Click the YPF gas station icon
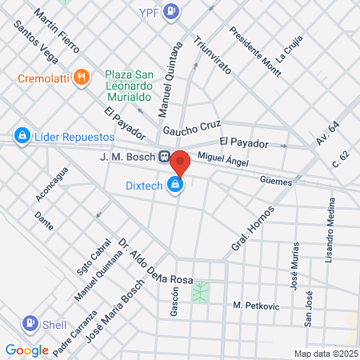pyautogui.click(x=170, y=11)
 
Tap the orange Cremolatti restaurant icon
pyautogui.click(x=81, y=78)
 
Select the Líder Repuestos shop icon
pyautogui.click(x=22, y=136)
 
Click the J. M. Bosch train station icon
pyautogui.click(x=164, y=157)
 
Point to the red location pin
pyautogui.click(x=181, y=162)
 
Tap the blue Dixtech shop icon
pyautogui.click(x=174, y=186)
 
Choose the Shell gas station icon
pyautogui.click(x=30, y=324)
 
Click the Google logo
pyautogui.click(x=26, y=350)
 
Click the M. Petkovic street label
pyautogui.click(x=253, y=306)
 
